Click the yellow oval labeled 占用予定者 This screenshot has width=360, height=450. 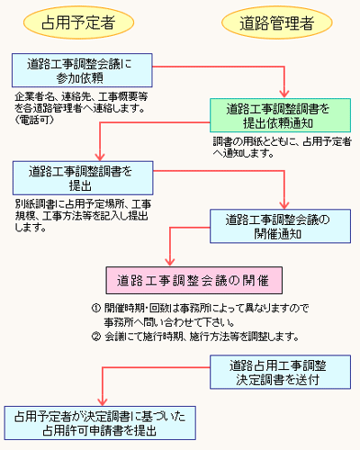78,22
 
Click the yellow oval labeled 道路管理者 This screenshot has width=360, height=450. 277,22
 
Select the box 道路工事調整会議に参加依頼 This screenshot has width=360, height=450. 82,70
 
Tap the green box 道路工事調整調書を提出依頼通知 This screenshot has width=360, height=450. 280,115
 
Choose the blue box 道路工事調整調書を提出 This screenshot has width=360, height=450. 83,178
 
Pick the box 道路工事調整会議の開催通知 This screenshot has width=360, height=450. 280,226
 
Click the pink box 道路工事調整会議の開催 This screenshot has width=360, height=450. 194,281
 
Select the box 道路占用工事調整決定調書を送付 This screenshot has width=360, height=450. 280,372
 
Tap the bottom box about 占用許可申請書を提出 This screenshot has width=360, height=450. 100,423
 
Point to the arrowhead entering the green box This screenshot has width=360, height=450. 284,94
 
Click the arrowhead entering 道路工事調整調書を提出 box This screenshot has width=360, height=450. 100,157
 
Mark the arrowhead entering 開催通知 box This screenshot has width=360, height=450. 284,204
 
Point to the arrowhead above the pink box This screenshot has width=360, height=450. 170,261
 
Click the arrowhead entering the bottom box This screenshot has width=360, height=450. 103,401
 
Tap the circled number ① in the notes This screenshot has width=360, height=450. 95,308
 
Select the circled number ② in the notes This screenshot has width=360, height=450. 95,337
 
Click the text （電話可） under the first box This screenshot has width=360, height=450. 35,120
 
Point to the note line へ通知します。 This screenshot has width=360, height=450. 243,153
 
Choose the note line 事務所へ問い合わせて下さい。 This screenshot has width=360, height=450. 169,322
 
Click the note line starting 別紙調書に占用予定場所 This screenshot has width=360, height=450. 83,204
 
